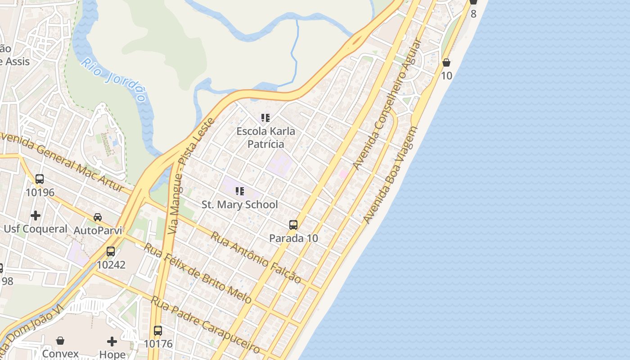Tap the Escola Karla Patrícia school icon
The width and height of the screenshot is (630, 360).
(x=265, y=118)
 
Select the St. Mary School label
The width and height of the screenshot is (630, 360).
(x=239, y=205)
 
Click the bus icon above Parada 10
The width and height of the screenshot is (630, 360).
(x=293, y=225)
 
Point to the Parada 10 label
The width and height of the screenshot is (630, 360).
(x=293, y=238)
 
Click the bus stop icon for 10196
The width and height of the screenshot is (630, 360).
(x=40, y=179)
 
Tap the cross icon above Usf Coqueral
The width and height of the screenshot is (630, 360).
(x=36, y=216)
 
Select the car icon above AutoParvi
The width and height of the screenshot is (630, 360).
(x=98, y=217)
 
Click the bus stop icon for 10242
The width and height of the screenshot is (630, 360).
(x=111, y=252)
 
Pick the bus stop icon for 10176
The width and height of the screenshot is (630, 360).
(x=158, y=331)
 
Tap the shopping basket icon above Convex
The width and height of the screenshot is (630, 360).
(x=60, y=341)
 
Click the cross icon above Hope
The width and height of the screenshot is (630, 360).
(x=112, y=342)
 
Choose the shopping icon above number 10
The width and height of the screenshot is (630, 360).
(x=446, y=63)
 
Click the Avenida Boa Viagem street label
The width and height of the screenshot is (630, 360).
(x=391, y=175)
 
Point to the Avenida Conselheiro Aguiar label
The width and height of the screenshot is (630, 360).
(x=387, y=105)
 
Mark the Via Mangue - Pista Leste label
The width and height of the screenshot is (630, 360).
(x=191, y=175)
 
